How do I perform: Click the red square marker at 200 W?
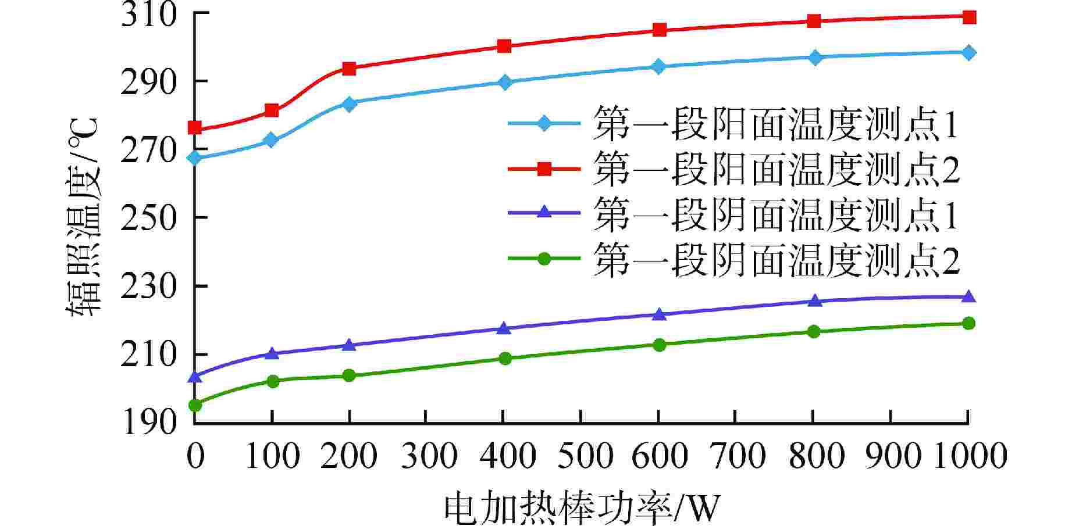click(349, 69)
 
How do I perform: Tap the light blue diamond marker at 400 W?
click(504, 82)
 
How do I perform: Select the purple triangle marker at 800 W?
click(814, 300)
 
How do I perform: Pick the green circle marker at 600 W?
click(659, 345)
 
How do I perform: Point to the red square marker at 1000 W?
click(969, 17)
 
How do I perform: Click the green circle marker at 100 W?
click(272, 381)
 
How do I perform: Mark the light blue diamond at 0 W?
click(195, 158)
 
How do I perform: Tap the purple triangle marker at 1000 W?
click(969, 297)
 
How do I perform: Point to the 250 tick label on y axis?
click(148, 217)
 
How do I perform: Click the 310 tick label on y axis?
click(148, 14)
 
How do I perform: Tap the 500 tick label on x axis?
click(581, 456)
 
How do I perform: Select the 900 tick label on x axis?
click(891, 456)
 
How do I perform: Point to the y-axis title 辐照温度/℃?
click(83, 217)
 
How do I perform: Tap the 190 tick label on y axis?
click(148, 422)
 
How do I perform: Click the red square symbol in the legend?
click(544, 169)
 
